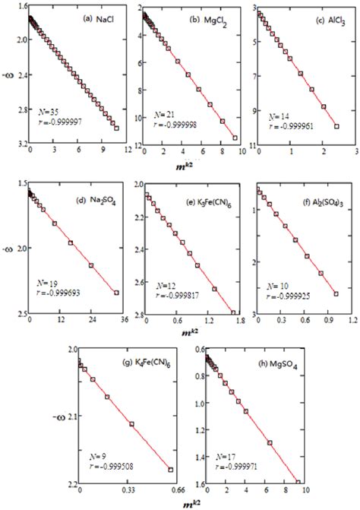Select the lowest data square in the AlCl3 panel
pos(336,126)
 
